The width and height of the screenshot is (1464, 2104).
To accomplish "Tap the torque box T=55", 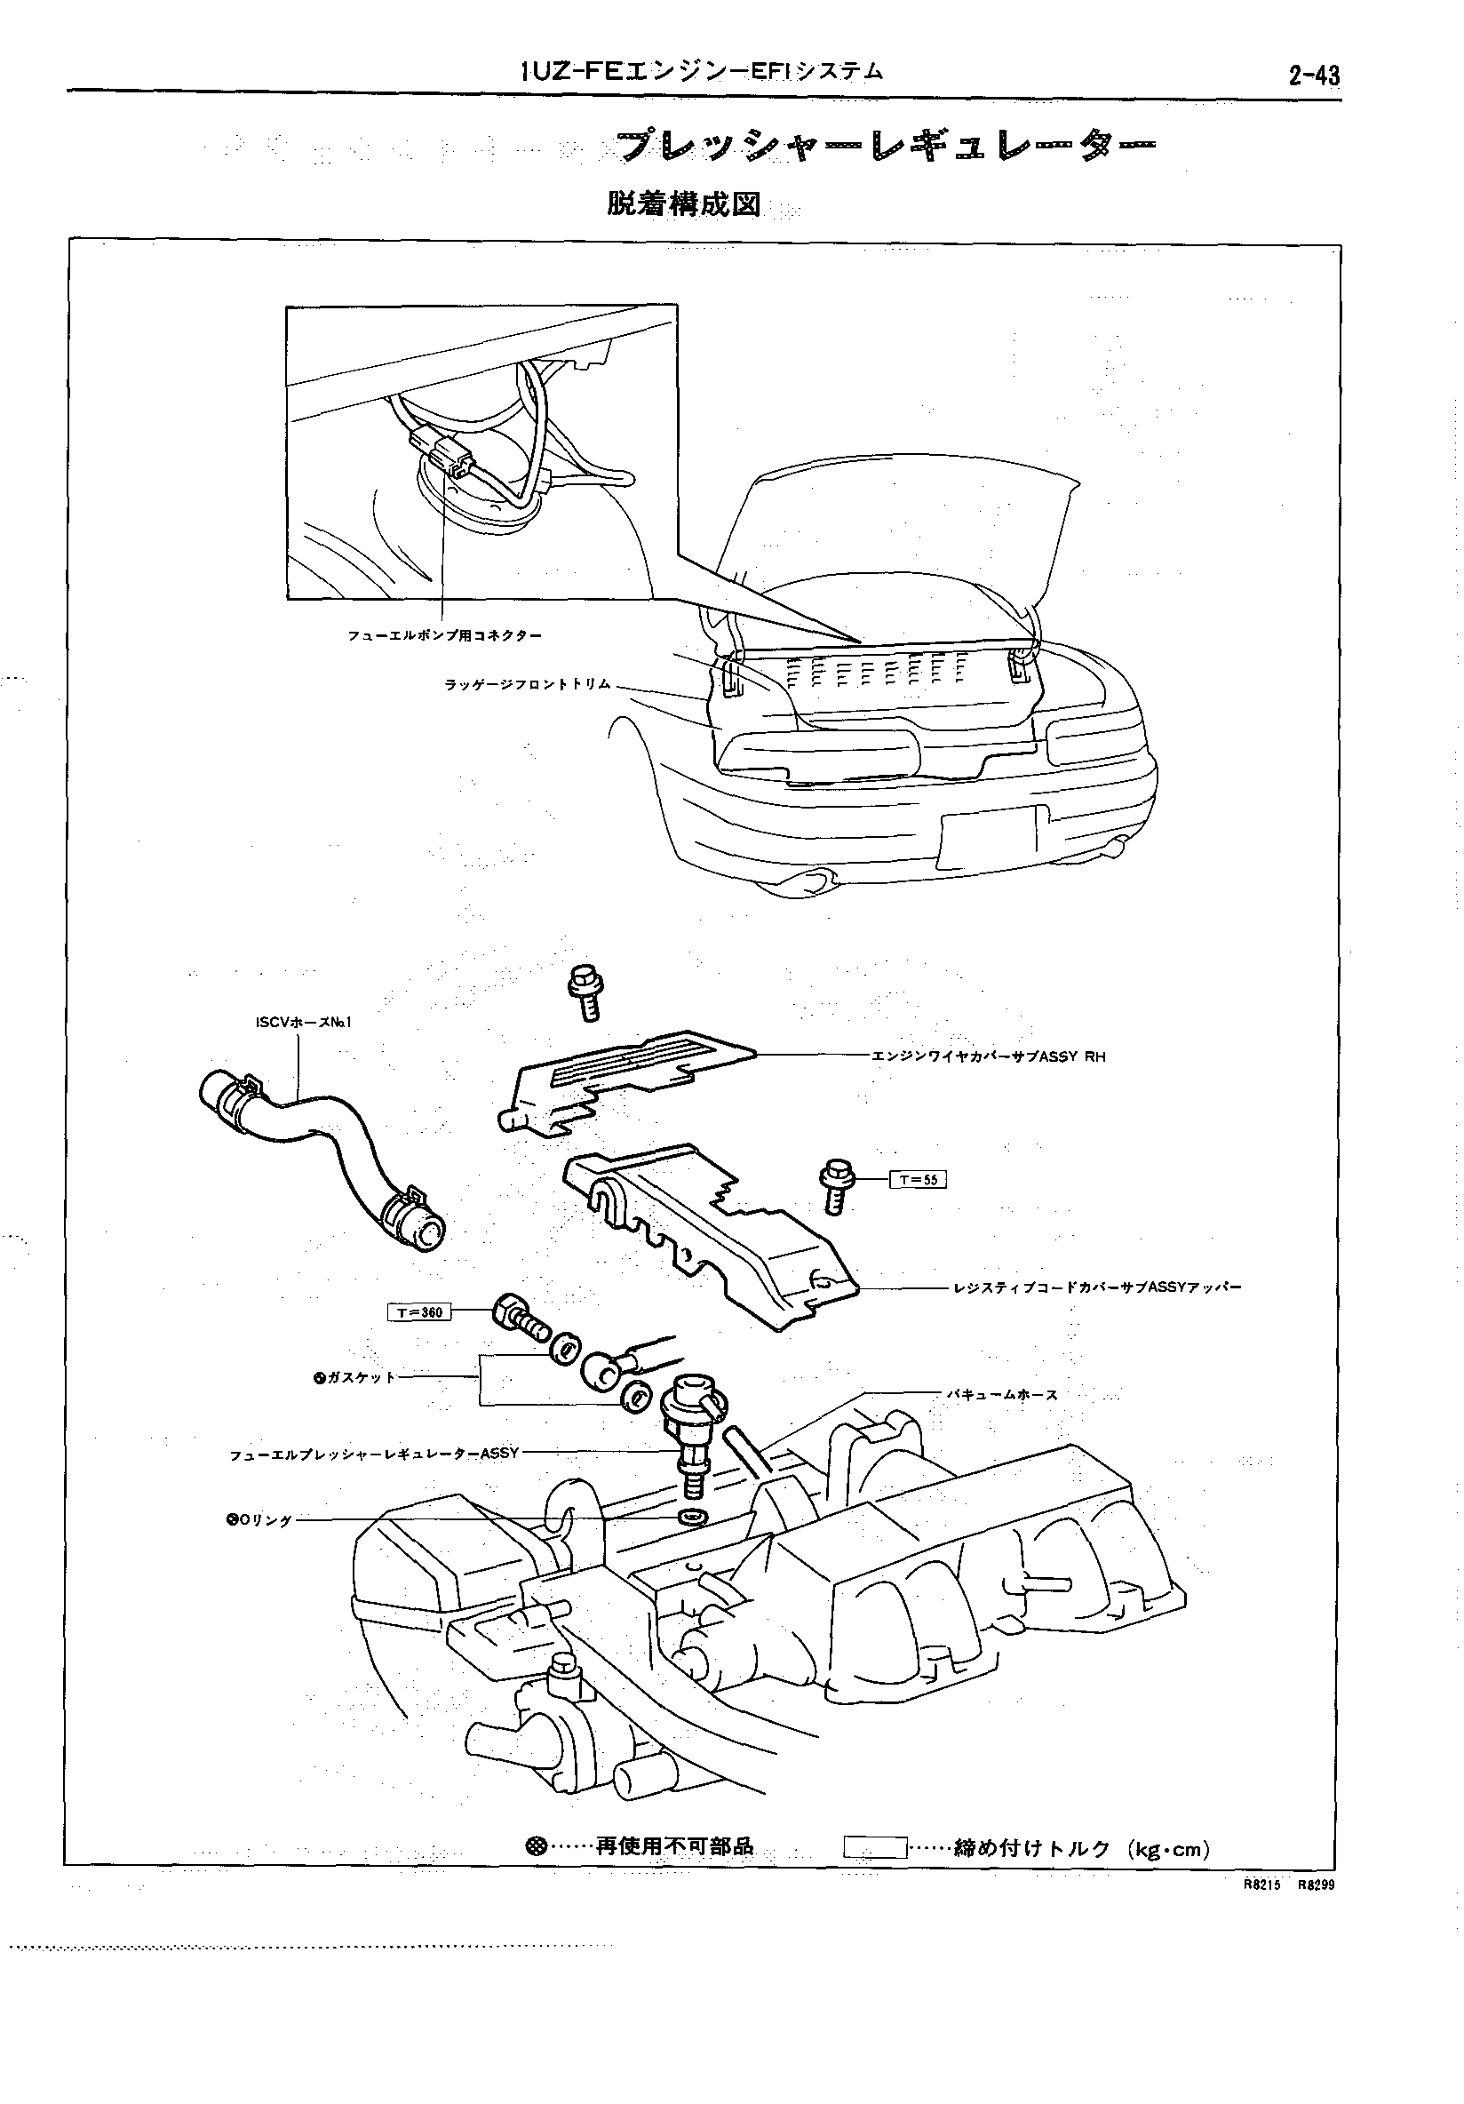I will [x=917, y=1179].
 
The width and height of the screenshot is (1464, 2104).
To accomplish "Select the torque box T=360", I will [x=419, y=1313].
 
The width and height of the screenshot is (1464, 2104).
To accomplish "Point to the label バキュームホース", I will [x=1002, y=1395].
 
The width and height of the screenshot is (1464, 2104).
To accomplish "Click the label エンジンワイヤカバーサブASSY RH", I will [x=988, y=1056].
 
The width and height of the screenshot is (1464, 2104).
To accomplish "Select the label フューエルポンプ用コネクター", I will [x=444, y=635].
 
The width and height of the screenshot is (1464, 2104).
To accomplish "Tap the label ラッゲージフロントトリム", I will [x=528, y=684].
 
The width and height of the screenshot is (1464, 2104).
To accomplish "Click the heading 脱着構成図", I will [x=683, y=203].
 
